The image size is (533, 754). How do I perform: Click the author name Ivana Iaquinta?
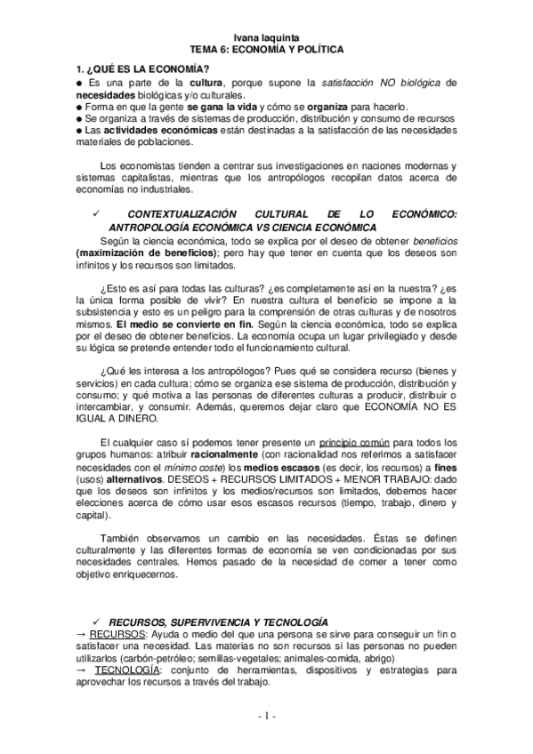point(266,38)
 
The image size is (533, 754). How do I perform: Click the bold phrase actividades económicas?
point(166,131)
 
